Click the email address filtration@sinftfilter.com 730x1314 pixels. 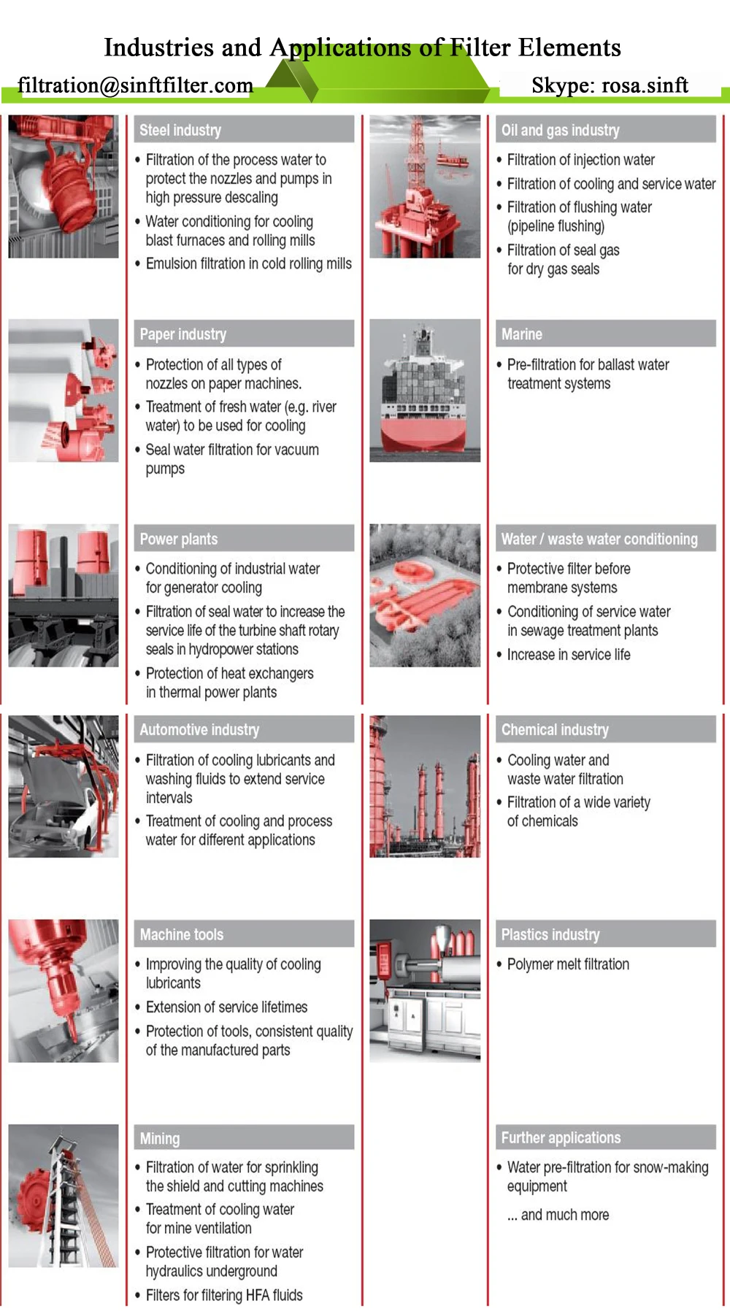coord(135,85)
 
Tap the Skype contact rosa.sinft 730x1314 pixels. coord(610,85)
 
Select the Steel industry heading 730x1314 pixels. coord(180,130)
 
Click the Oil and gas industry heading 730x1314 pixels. coord(560,130)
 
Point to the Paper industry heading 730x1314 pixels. coord(182,334)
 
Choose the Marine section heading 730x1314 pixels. coord(522,334)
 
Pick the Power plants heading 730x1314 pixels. coord(179,539)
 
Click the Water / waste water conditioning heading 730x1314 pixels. coord(599,539)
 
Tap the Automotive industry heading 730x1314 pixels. coord(199,729)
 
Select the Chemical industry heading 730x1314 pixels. coord(555,729)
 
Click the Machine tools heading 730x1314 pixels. coord(182,934)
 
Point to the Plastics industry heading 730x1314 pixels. coord(550,934)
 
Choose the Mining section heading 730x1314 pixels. coord(160,1138)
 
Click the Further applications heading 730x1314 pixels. coord(561,1137)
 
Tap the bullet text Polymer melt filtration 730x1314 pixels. coord(568,964)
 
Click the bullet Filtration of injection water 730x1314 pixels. coord(580,160)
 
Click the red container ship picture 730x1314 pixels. coord(425,391)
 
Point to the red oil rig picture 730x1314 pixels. coord(425,187)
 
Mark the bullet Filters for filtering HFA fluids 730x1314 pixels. coord(224,1295)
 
